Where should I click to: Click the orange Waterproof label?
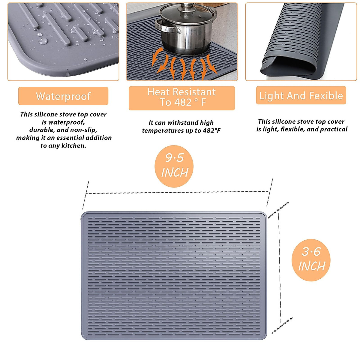click(63, 96)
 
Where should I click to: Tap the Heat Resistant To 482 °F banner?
click(181, 98)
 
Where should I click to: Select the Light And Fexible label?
click(301, 95)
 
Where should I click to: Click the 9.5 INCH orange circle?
click(174, 166)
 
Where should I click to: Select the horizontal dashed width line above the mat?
click(177, 192)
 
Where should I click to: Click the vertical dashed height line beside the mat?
click(280, 267)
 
